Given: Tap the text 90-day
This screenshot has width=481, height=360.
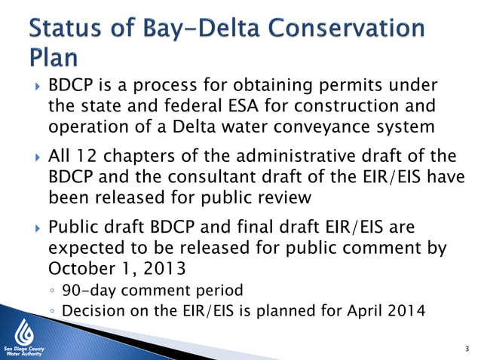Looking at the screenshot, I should pos(86,291).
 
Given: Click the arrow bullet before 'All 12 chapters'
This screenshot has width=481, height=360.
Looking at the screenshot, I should pos(32,158).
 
